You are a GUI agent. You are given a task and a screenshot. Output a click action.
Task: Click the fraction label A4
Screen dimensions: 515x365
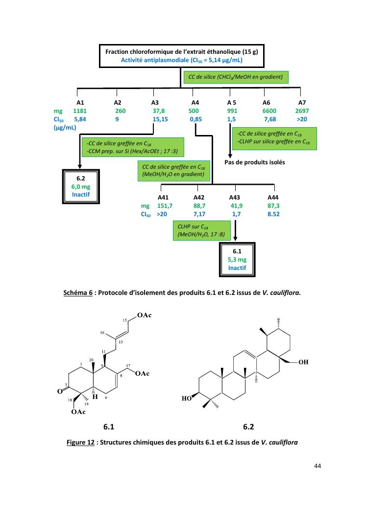click(x=195, y=103)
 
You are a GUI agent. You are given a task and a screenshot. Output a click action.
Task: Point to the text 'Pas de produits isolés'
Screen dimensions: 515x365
click(x=254, y=162)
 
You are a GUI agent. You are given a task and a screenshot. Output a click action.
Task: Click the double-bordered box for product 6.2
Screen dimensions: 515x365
click(x=81, y=186)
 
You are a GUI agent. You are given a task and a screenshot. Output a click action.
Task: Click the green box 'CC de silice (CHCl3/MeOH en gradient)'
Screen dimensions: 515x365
click(x=235, y=77)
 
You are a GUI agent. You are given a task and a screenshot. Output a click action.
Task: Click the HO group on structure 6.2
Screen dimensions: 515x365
click(x=186, y=399)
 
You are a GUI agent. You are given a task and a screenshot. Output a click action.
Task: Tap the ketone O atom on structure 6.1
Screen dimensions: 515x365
click(x=60, y=391)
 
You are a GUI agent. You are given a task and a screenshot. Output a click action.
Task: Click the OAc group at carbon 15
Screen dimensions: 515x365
click(x=145, y=315)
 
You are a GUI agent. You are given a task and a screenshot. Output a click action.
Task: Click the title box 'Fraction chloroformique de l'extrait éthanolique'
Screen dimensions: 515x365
click(x=182, y=56)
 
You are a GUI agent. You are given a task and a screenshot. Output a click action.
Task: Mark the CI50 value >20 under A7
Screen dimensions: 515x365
click(x=302, y=119)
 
